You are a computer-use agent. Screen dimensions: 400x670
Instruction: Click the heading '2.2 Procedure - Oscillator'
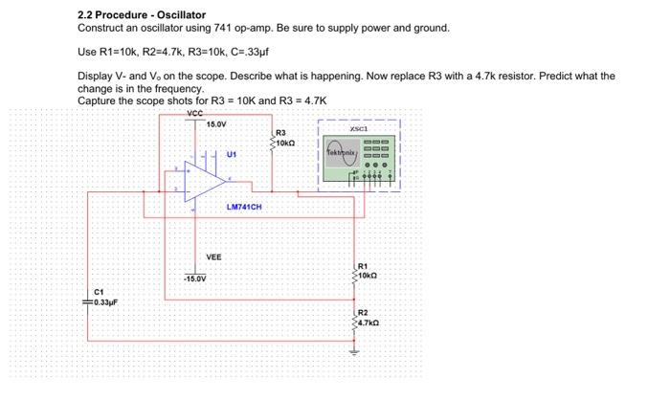(141, 15)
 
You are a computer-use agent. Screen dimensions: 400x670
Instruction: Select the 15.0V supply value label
(216, 123)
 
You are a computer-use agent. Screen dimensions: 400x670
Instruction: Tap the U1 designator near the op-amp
(233, 152)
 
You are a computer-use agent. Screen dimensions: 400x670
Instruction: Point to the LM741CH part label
(244, 207)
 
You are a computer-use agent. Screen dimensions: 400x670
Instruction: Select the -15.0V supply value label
(196, 278)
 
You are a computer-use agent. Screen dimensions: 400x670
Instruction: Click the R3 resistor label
(279, 132)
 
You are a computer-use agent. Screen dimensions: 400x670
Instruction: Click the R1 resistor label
(362, 265)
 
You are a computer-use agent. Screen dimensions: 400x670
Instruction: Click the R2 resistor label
(362, 313)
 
